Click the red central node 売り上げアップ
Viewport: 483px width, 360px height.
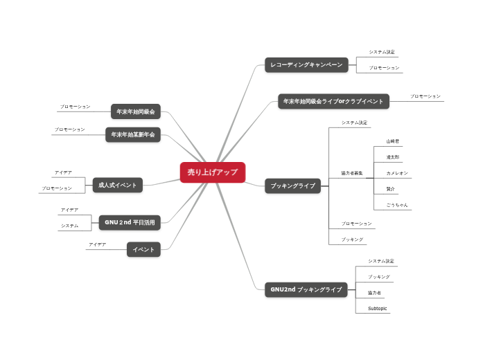(212, 172)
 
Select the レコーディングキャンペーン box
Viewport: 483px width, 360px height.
(306, 65)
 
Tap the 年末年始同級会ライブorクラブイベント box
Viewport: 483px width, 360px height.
(333, 101)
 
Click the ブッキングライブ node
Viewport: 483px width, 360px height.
(292, 186)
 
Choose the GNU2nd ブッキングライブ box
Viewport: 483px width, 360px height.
(306, 289)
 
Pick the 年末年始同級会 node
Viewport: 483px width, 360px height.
(136, 111)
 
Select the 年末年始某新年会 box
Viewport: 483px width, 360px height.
(133, 134)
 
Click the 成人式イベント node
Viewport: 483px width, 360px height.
(118, 185)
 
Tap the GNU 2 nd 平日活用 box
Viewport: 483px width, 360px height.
(130, 222)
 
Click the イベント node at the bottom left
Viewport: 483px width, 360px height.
(143, 249)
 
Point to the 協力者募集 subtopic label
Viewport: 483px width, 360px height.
(352, 172)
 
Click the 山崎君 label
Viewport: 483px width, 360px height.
(393, 141)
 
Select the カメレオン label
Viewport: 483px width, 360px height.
(397, 172)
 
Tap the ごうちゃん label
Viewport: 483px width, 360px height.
(397, 205)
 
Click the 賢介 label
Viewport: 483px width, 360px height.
(391, 188)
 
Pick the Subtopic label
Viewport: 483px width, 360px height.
(378, 308)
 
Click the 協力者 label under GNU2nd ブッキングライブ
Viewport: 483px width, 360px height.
(374, 292)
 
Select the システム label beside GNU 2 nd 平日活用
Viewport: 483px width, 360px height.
(69, 226)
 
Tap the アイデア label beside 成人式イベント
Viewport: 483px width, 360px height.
(63, 172)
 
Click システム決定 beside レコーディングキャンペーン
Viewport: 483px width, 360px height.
(383, 52)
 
